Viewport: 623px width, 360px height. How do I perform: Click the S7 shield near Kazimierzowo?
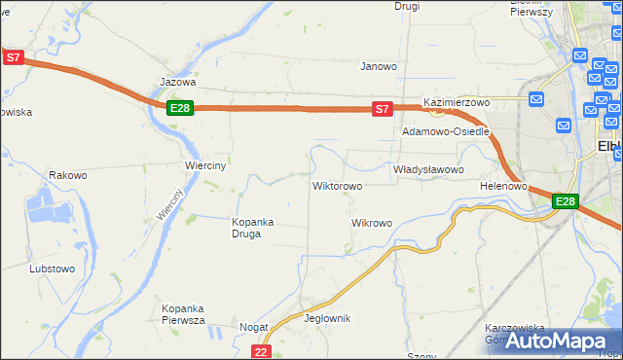tap(383, 108)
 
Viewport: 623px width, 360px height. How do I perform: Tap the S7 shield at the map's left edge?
tap(13, 57)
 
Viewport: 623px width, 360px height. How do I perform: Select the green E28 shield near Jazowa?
tap(179, 108)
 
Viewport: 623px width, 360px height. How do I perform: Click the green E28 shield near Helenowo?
tap(566, 201)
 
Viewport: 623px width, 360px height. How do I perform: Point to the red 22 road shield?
tap(260, 351)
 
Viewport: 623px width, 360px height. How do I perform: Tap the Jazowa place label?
tap(178, 83)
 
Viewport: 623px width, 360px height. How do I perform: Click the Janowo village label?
tap(379, 67)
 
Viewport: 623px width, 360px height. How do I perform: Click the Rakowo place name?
tap(68, 176)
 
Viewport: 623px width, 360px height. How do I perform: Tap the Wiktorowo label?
tap(337, 185)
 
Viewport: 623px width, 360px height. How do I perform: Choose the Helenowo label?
tap(503, 185)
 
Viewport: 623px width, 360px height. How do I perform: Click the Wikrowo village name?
tap(371, 223)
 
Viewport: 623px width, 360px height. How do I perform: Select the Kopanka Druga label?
tap(253, 228)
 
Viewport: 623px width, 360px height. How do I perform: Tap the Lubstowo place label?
tap(53, 268)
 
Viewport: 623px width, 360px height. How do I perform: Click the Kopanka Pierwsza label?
tap(183, 314)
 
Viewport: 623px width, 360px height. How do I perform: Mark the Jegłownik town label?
tap(327, 318)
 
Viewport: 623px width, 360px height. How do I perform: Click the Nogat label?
tap(253, 328)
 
